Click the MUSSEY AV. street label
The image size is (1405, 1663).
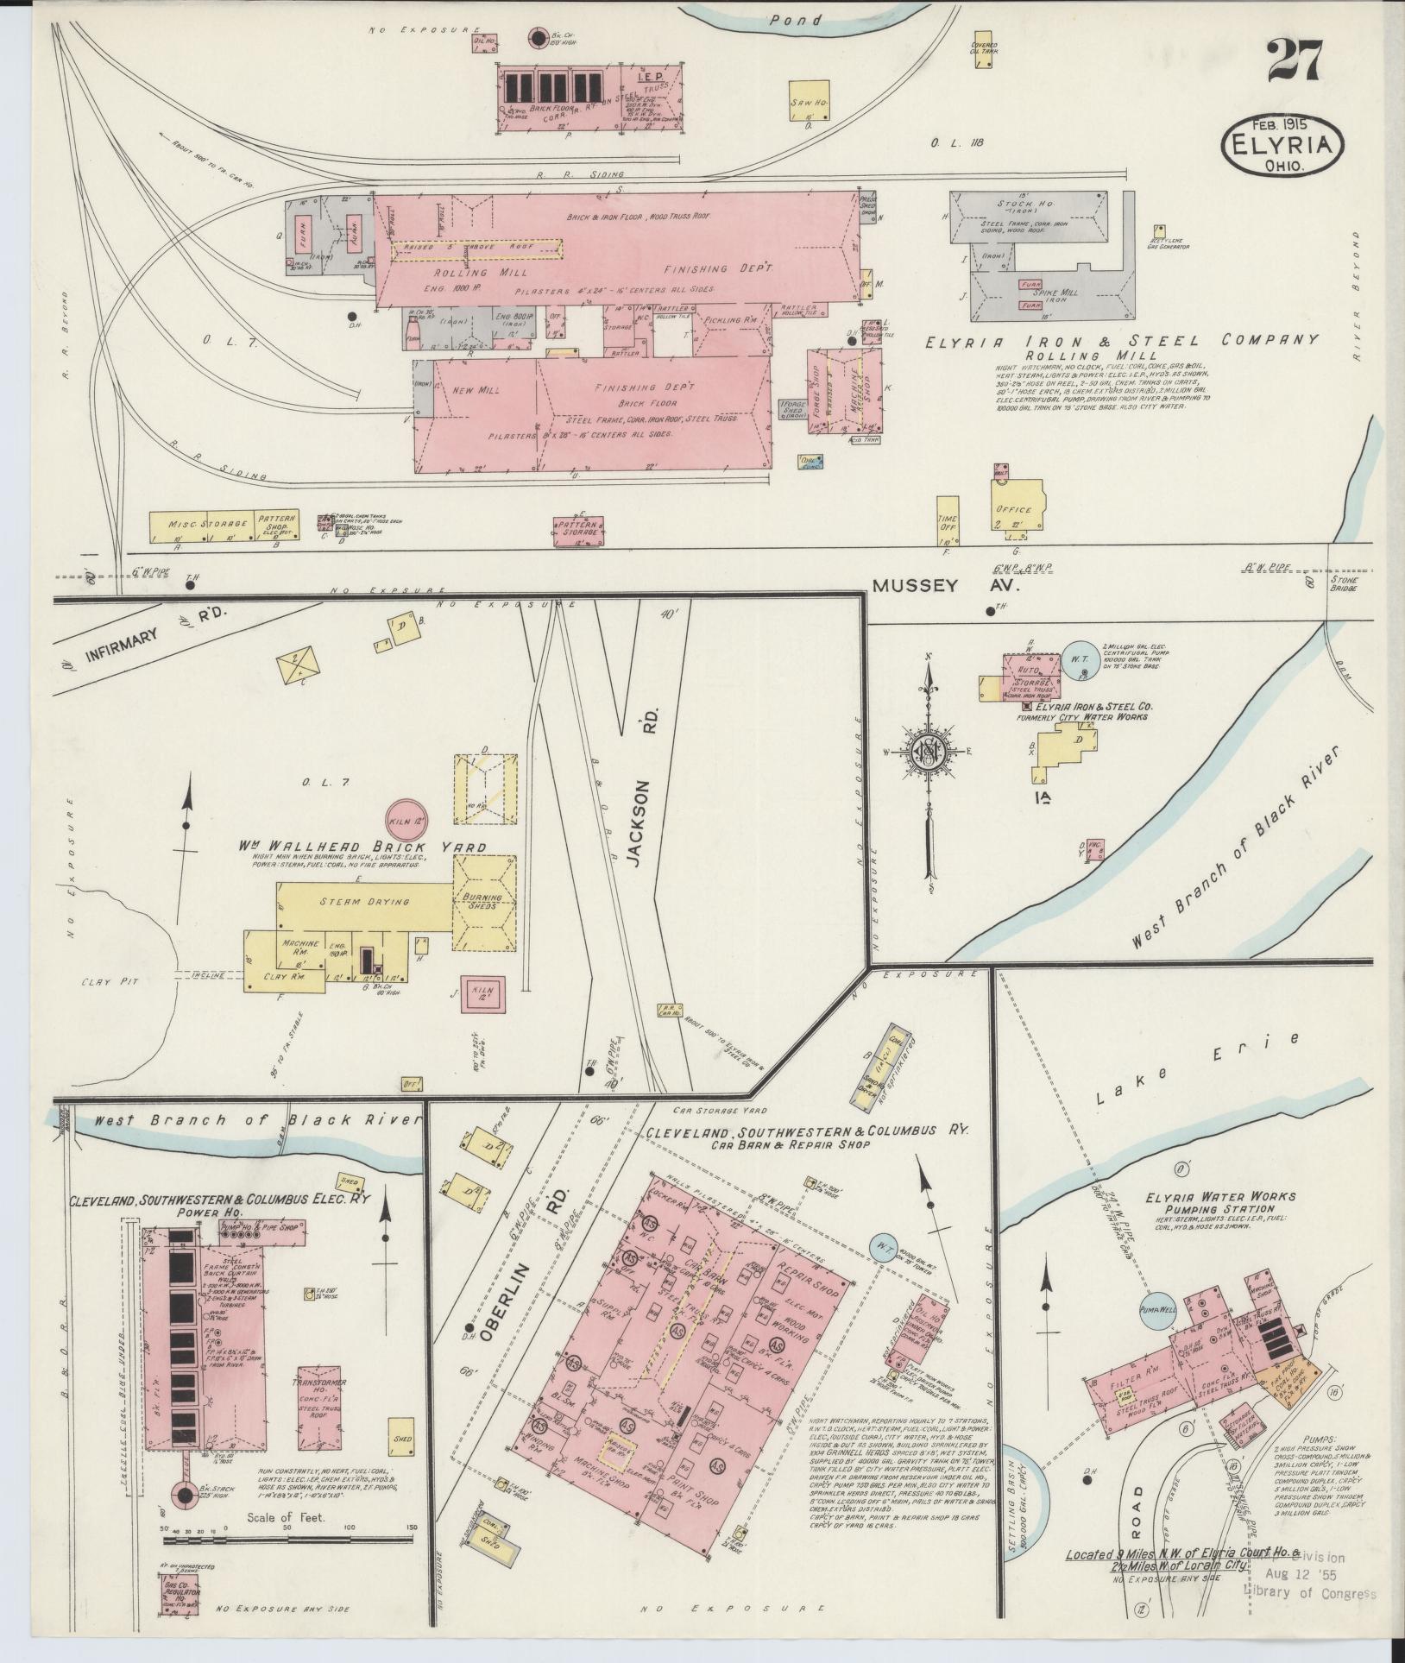click(x=946, y=586)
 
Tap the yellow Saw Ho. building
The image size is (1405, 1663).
click(x=810, y=104)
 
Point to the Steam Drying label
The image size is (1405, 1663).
click(x=365, y=901)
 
